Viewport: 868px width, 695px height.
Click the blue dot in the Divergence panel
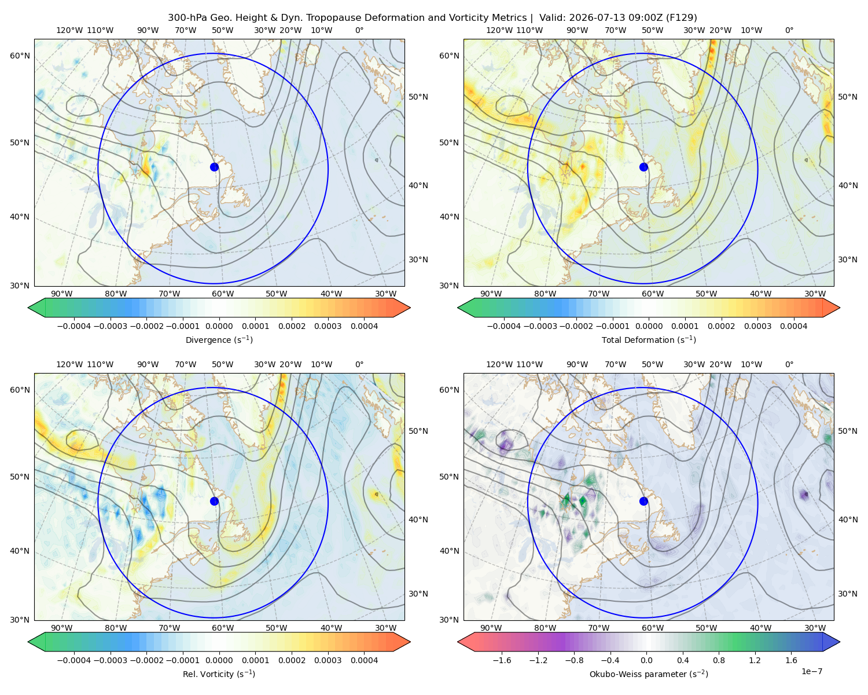pyautogui.click(x=214, y=167)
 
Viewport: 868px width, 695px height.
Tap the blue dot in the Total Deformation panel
pyautogui.click(x=643, y=167)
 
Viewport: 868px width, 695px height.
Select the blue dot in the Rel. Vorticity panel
pyautogui.click(x=214, y=501)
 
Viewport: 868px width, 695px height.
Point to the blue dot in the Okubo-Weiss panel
pyautogui.click(x=643, y=501)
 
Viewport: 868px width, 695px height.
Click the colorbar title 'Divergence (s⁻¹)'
pyautogui.click(x=219, y=339)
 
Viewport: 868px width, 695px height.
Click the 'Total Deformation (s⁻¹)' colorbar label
pyautogui.click(x=649, y=339)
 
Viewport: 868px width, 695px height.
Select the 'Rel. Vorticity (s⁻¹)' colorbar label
pyautogui.click(x=219, y=674)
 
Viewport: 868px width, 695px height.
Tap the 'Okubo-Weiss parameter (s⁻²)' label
pyautogui.click(x=649, y=674)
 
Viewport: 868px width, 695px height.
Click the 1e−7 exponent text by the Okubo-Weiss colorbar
pyautogui.click(x=811, y=671)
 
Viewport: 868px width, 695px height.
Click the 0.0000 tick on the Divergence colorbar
pyautogui.click(x=219, y=326)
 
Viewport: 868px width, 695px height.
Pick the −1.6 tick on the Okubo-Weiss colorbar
pyautogui.click(x=502, y=660)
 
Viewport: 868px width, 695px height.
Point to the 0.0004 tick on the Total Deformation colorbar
pyautogui.click(x=794, y=326)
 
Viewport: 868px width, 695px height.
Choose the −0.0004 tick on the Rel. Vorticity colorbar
pyautogui.click(x=74, y=660)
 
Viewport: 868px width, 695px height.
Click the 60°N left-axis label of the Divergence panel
pyautogui.click(x=20, y=56)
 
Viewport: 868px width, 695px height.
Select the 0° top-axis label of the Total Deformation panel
pyautogui.click(x=789, y=30)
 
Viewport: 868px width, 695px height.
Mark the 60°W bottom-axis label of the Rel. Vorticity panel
pyautogui.click(x=223, y=628)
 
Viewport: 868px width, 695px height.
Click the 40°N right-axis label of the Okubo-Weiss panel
pyautogui.click(x=848, y=520)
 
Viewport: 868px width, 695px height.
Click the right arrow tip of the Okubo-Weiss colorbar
pyautogui.click(x=840, y=642)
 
